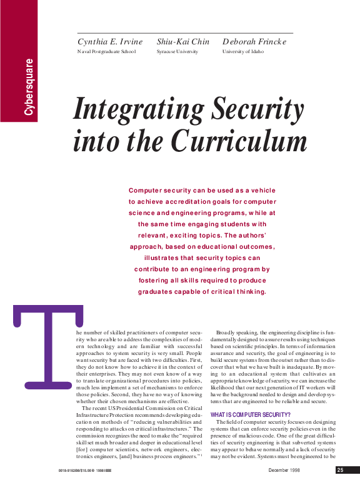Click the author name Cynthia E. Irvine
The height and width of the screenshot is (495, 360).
pyautogui.click(x=110, y=42)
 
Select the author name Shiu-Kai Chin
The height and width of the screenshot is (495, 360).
pyautogui.click(x=183, y=42)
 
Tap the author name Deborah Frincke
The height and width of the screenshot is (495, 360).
pyautogui.click(x=254, y=42)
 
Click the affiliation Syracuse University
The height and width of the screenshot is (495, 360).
pyautogui.click(x=177, y=52)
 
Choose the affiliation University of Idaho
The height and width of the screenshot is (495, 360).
pyautogui.click(x=243, y=52)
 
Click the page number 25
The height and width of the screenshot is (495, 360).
pyautogui.click(x=340, y=470)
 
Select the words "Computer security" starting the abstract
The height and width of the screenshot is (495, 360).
pyautogui.click(x=161, y=190)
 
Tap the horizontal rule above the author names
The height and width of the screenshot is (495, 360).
pyautogui.click(x=184, y=32)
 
